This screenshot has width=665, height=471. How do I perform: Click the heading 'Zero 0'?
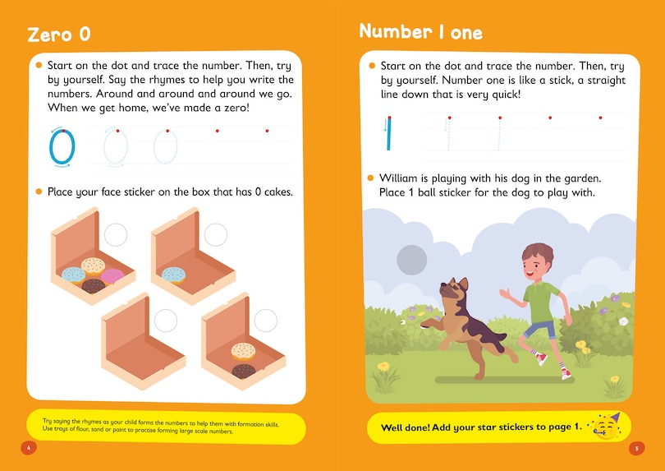tap(58, 35)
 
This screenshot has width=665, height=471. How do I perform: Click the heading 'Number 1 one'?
tap(420, 32)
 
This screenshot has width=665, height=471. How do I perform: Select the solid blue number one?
tap(390, 134)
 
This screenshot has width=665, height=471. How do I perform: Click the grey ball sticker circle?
tap(411, 260)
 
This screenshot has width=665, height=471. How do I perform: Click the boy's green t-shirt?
tap(540, 299)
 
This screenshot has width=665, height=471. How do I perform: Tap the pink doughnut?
tap(112, 275)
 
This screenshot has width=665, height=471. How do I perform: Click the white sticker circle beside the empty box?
tap(166, 320)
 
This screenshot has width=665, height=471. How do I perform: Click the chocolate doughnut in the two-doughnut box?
tap(244, 371)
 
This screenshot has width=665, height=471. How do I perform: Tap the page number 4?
tap(29, 448)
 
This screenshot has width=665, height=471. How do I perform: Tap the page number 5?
tap(636, 448)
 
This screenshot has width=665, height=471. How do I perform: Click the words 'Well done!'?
tap(409, 427)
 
